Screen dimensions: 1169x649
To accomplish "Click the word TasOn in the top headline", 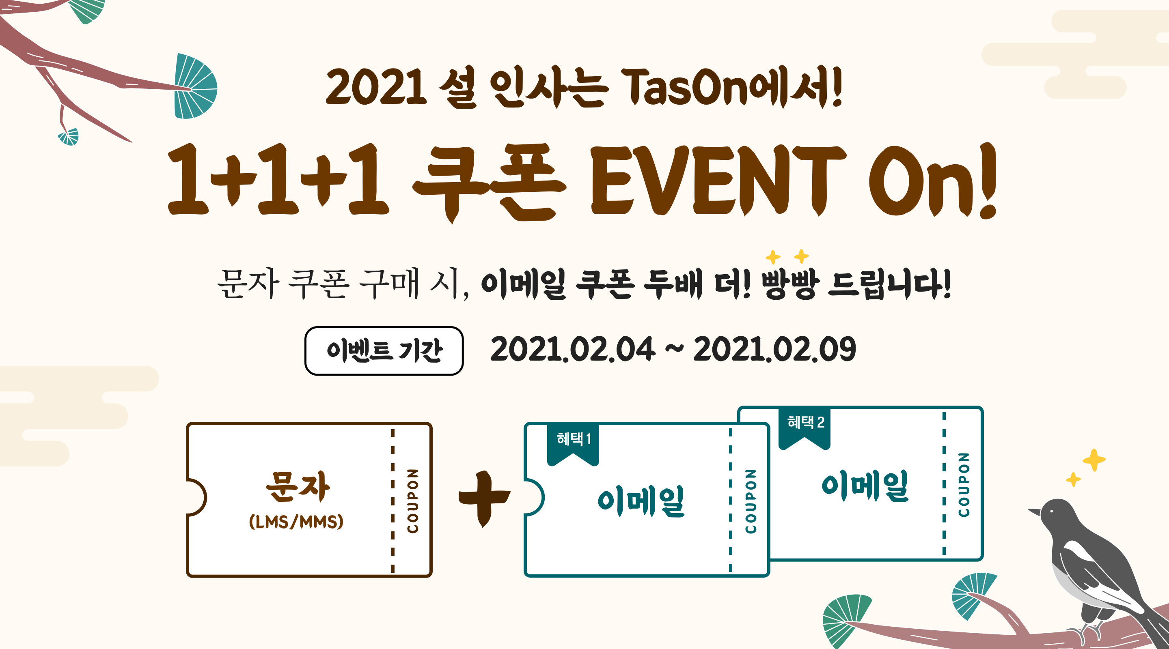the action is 685,88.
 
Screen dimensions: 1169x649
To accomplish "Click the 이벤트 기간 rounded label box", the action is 384,350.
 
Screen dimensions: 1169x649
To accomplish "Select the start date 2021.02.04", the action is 573,349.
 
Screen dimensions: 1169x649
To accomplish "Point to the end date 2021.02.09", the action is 774,349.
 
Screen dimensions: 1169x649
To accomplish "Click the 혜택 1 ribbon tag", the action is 573,444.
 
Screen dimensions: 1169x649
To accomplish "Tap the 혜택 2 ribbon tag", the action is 804,428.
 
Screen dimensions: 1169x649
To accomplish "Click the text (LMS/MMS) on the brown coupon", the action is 296,522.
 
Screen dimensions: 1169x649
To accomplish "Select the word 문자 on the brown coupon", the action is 298,486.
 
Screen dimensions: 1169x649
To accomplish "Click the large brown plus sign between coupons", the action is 484,499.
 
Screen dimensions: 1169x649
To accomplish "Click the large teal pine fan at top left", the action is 196,86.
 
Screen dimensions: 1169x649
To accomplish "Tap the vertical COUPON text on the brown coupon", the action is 412,501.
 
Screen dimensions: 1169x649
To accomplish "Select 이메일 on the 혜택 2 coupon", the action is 865,485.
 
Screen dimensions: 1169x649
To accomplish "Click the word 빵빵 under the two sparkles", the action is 790,284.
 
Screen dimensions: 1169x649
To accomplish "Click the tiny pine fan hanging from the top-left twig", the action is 69,137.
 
